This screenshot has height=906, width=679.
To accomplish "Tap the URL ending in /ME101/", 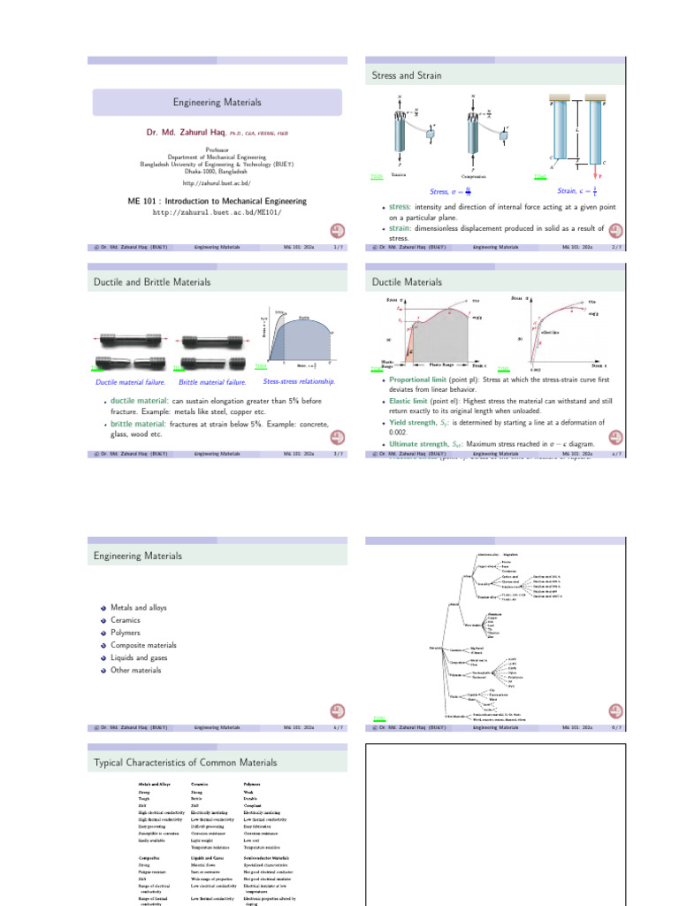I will tap(217, 213).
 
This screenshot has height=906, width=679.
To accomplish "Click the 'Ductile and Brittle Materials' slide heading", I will tap(153, 282).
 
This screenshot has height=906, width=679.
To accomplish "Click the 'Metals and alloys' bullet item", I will tap(139, 608).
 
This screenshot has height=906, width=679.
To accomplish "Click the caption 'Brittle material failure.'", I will tap(213, 382).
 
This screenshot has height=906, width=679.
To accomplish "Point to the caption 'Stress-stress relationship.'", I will tap(299, 381).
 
